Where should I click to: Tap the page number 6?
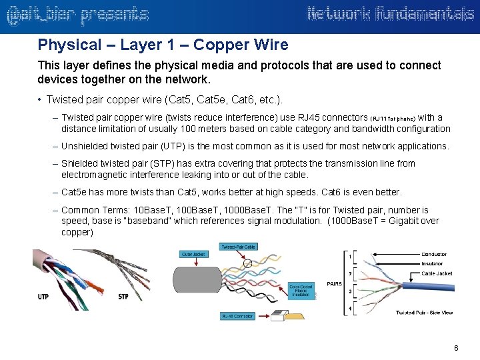(x=456, y=348)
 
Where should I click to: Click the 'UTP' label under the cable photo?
(x=43, y=296)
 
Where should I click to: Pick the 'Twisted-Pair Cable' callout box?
(x=237, y=247)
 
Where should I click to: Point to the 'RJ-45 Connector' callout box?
(x=237, y=316)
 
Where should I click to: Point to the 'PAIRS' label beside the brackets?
(x=335, y=283)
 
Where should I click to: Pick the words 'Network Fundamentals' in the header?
(x=391, y=14)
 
